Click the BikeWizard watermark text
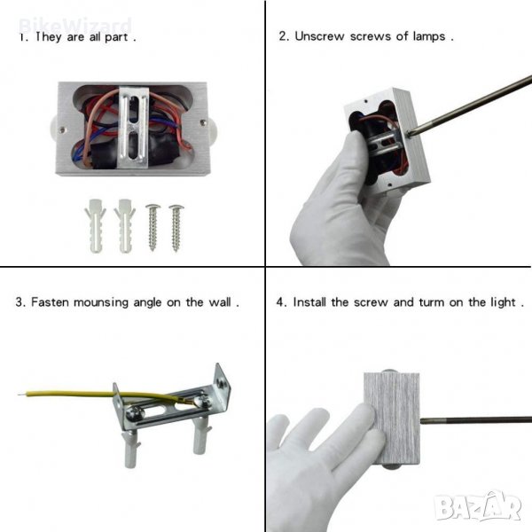point(75,26)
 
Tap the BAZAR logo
point(478,506)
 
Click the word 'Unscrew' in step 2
point(319,36)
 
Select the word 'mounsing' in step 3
point(101,302)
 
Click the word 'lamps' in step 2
point(429,36)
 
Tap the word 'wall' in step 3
point(220,302)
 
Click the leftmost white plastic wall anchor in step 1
point(95,225)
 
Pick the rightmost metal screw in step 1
point(176,228)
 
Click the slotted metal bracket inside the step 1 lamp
point(134,127)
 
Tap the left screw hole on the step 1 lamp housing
point(62,129)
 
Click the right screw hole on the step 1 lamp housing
point(202,122)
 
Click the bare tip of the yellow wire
point(21,395)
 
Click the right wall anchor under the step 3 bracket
point(201,435)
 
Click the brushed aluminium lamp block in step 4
point(392,419)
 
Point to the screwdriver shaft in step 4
point(475,419)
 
